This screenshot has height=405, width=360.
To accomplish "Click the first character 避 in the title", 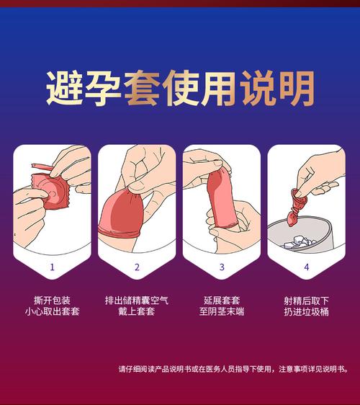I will tap(63, 89).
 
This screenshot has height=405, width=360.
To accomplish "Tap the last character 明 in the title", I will tap(296, 89).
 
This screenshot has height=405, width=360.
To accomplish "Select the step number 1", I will tap(52, 267).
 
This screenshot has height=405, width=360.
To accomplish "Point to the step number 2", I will tap(137, 267).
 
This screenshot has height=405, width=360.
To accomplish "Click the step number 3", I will tap(222, 267).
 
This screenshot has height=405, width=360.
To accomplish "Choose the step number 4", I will tap(306, 267).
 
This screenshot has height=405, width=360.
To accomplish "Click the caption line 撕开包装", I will tap(52, 299).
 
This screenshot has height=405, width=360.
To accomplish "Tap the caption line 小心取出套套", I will tap(52, 311).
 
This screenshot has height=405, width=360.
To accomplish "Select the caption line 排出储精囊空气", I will tap(137, 299).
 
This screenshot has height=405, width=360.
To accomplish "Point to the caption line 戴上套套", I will tap(137, 311).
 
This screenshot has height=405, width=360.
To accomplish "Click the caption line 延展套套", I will tap(222, 299).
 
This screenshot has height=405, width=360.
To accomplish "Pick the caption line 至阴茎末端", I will tap(222, 311).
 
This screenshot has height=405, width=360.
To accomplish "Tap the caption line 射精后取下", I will tap(307, 299).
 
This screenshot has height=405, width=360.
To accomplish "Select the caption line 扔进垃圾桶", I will tap(307, 311).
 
